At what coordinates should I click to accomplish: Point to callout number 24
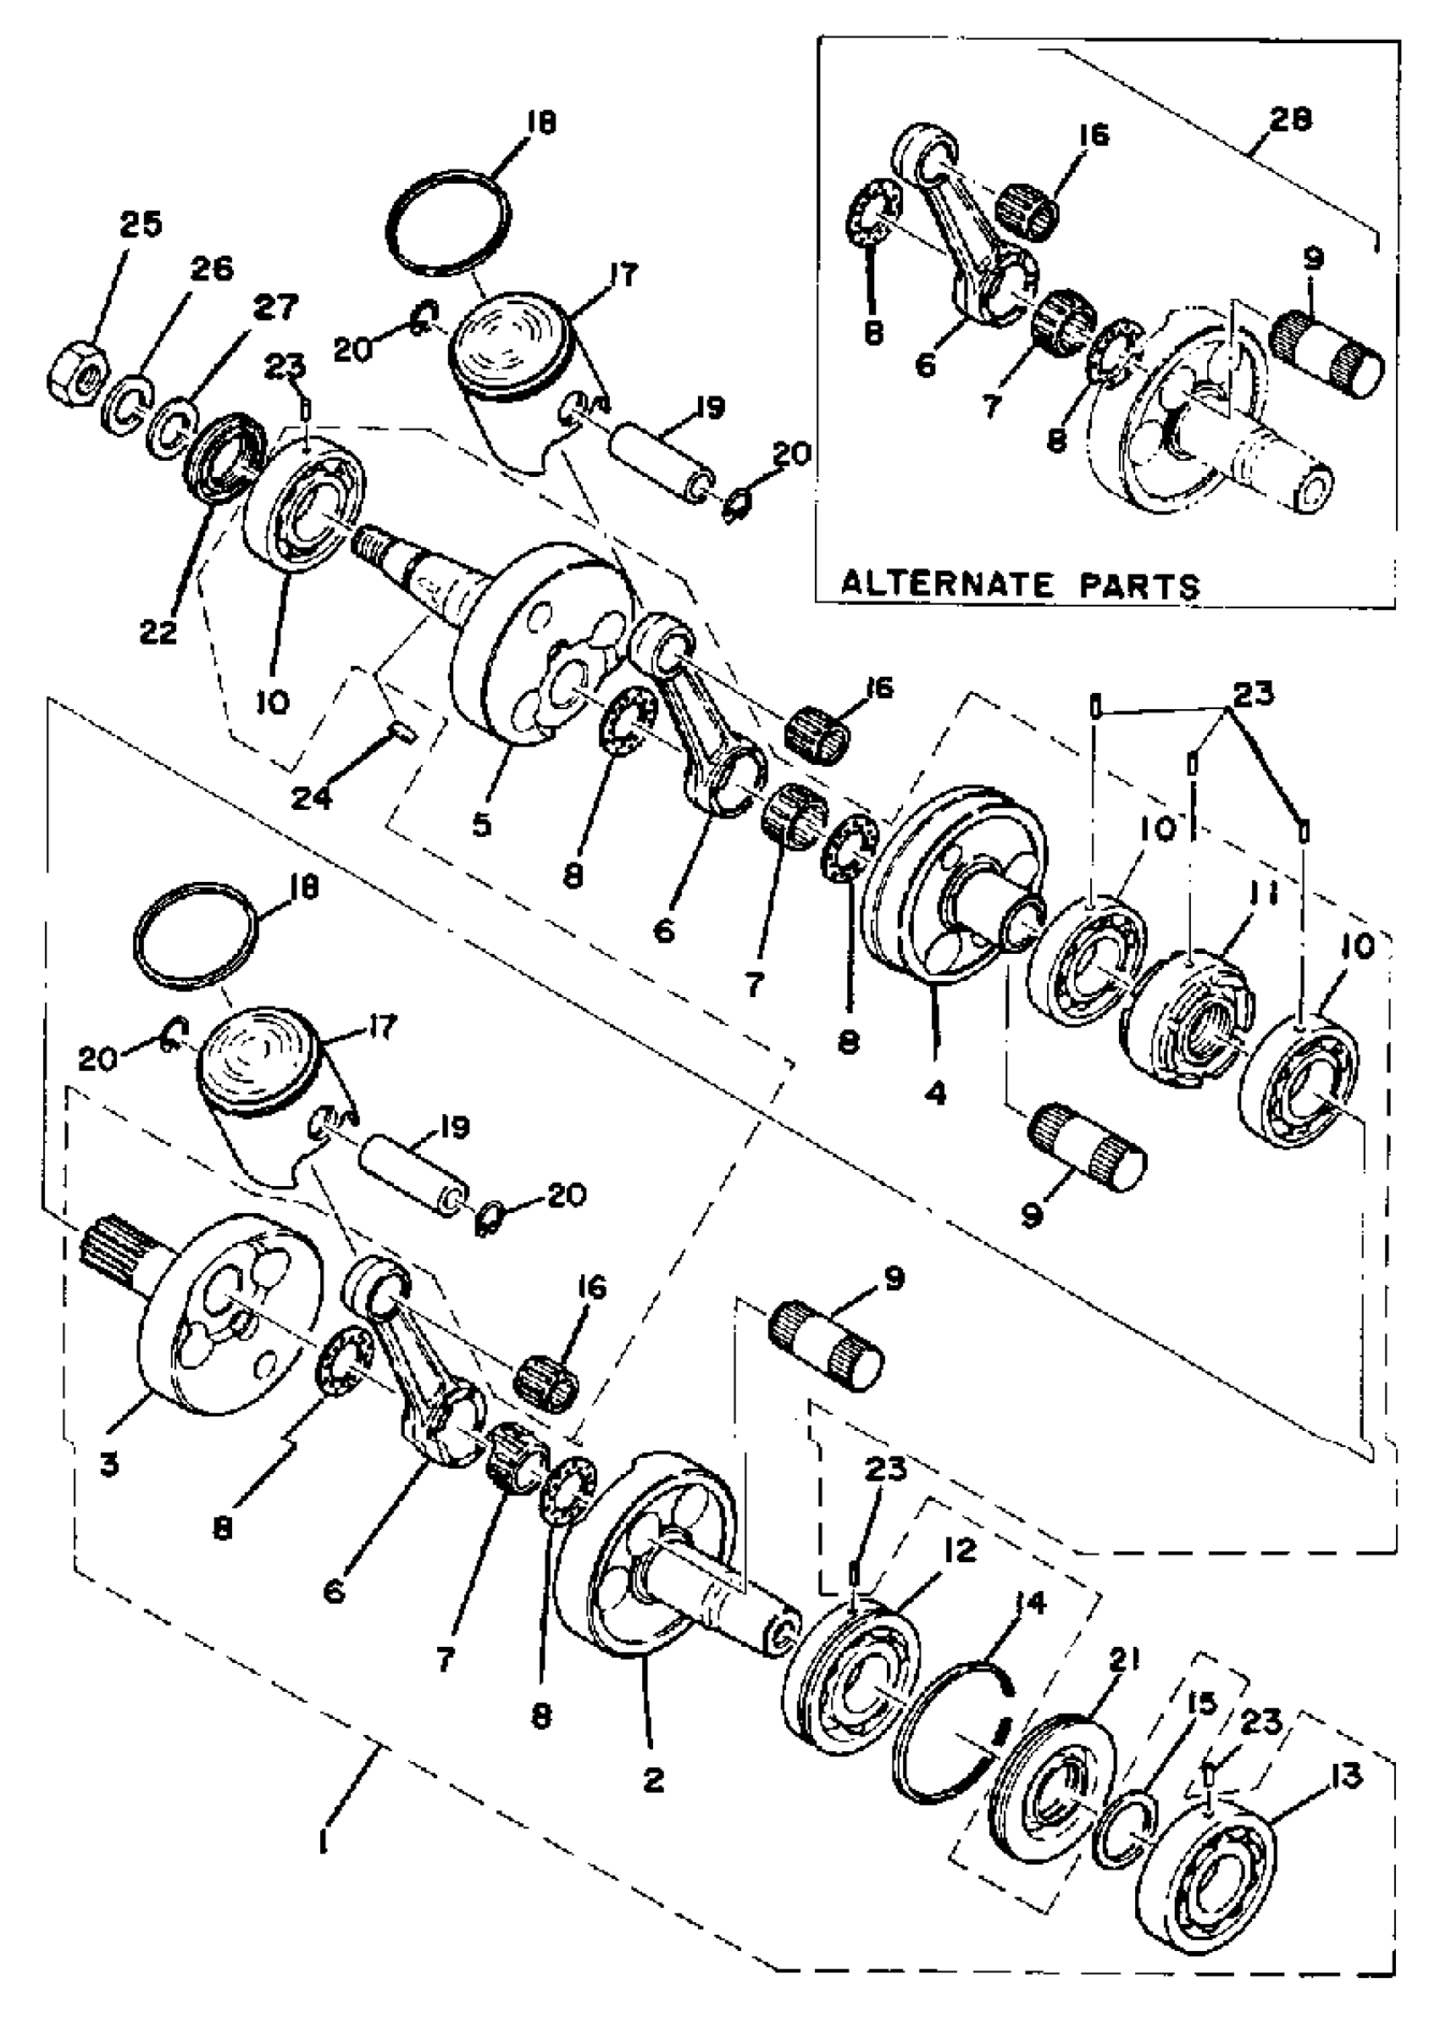point(312,798)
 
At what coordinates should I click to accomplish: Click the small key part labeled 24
point(403,734)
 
